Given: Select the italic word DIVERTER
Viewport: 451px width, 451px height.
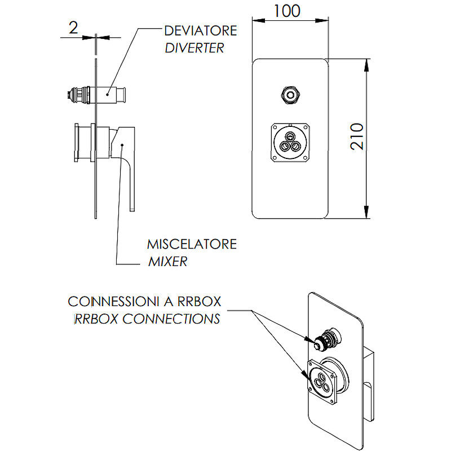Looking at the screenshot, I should pos(194,47).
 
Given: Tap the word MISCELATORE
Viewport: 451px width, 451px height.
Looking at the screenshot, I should pos(192,245).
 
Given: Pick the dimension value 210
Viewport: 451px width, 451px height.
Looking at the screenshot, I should pos(356,137).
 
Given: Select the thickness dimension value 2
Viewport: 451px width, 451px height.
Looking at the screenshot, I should pos(73,28).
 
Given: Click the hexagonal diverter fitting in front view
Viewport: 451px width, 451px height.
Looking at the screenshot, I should pos(290,94).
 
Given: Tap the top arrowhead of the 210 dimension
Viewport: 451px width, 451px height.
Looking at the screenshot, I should pos(367,64).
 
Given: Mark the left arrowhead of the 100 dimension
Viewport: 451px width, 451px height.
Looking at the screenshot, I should pos(256,21).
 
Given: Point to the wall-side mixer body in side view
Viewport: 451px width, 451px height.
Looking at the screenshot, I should pos(83,142).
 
